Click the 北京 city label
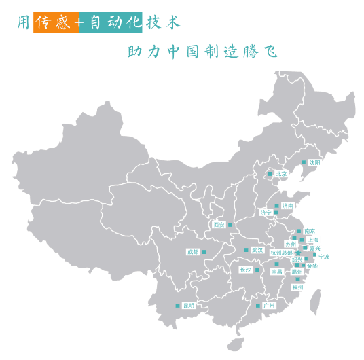tap(281, 174)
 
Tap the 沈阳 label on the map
tap(314, 163)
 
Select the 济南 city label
tap(289, 205)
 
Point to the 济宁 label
tap(266, 213)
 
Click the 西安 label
tap(219, 224)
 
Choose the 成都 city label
tap(193, 252)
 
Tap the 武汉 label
tap(257, 250)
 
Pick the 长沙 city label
tap(245, 270)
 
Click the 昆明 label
tap(188, 306)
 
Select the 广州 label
tap(268, 306)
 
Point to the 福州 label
tap(297, 287)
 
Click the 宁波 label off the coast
tap(324, 257)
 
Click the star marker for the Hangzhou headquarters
tap(297, 253)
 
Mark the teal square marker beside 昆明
tap(177, 306)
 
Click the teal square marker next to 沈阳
tap(303, 162)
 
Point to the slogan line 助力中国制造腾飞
tap(202, 52)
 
